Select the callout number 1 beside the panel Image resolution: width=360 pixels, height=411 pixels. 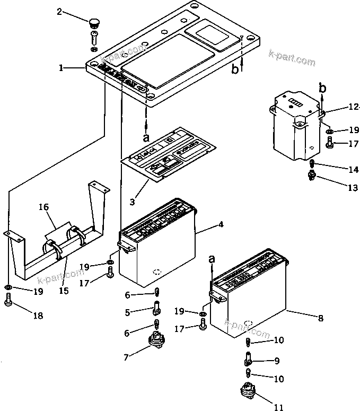pyautogui.click(x=62, y=68)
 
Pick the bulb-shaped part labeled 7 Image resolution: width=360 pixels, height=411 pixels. pyautogui.click(x=156, y=339)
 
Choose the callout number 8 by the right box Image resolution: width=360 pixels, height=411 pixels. pyautogui.click(x=320, y=318)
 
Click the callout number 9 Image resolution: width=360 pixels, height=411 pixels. pyautogui.click(x=276, y=361)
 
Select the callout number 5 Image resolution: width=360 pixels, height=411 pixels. pyautogui.click(x=127, y=312)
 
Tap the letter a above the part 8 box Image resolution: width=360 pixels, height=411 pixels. pyautogui.click(x=212, y=259)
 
